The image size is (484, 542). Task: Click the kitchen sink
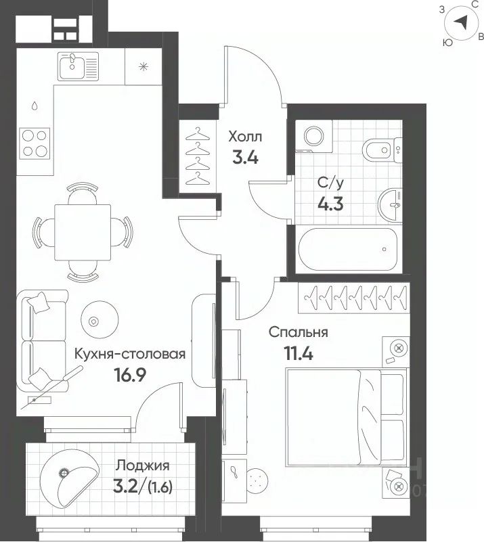coord(78,66)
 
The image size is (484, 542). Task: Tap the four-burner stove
coord(35,143)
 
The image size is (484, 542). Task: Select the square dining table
coord(83,232)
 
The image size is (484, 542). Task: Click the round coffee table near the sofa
coord(100,319)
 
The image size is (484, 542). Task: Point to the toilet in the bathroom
coord(382,150)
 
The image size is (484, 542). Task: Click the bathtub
coord(348,249)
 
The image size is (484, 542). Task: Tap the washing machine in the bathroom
coord(314,136)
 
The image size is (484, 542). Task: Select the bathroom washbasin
coord(390,204)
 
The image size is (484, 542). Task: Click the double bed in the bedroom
coord(346,417)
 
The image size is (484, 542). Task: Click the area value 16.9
coord(131,375)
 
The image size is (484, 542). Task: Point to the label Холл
coord(245,137)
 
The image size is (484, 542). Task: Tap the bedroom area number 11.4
coord(299,353)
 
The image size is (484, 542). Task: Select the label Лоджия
coord(142,466)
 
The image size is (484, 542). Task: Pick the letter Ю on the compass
coord(447,43)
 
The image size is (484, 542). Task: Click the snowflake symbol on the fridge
coord(143,66)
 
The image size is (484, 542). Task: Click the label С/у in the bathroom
coord(331,183)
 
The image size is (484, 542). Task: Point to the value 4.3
coord(330,204)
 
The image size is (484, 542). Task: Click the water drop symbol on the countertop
coord(35,105)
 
